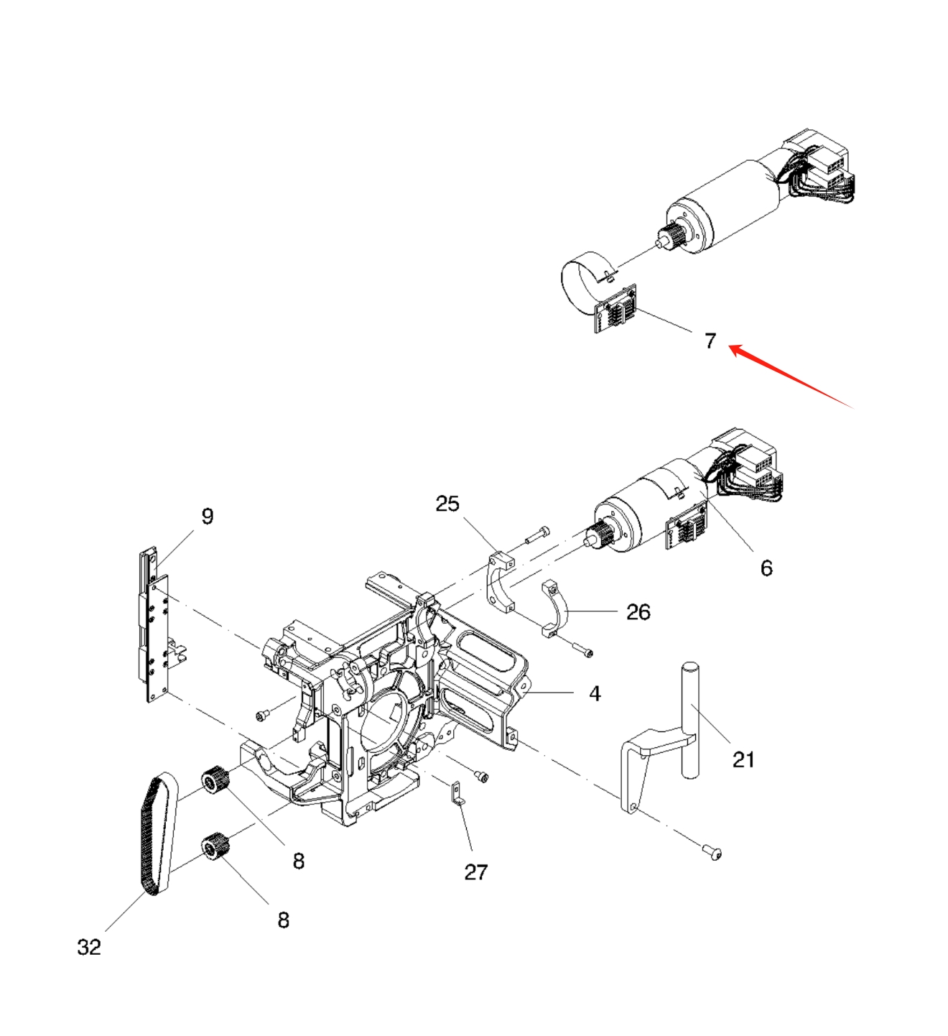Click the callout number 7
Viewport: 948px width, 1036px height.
click(710, 341)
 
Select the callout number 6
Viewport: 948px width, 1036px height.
click(766, 568)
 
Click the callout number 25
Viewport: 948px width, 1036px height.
click(447, 504)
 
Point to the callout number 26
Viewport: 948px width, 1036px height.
click(638, 612)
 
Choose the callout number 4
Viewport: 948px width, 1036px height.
click(595, 693)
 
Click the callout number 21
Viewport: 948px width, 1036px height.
click(743, 759)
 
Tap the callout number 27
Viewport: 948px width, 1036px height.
click(475, 871)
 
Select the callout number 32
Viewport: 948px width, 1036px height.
click(89, 947)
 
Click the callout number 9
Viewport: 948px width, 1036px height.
click(207, 516)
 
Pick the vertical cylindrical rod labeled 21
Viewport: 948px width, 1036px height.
click(689, 718)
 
